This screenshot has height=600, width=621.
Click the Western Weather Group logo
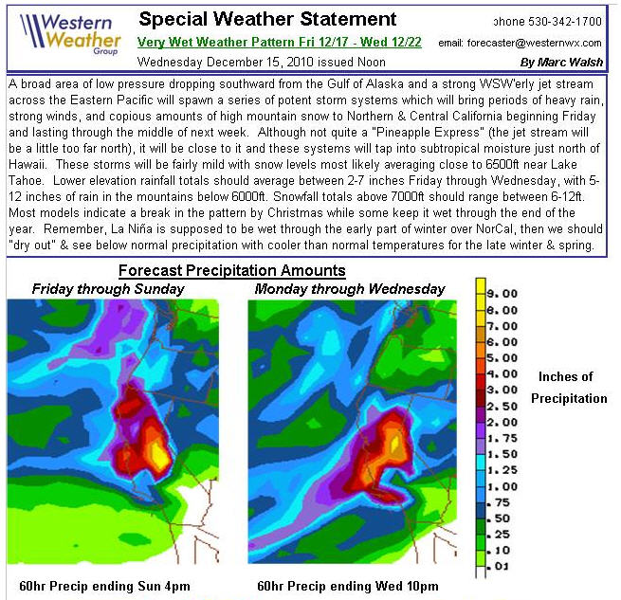click(x=67, y=37)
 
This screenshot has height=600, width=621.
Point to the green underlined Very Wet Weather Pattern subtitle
click(x=281, y=43)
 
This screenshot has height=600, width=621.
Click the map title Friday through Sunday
click(x=108, y=288)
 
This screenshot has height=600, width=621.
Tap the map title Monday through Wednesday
click(x=350, y=288)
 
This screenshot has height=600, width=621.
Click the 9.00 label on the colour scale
click(x=502, y=294)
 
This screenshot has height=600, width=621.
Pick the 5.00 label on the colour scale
click(x=502, y=357)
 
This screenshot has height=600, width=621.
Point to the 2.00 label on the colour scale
click(x=502, y=422)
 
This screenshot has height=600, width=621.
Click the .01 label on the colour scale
click(x=502, y=567)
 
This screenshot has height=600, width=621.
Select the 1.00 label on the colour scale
click(x=502, y=486)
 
